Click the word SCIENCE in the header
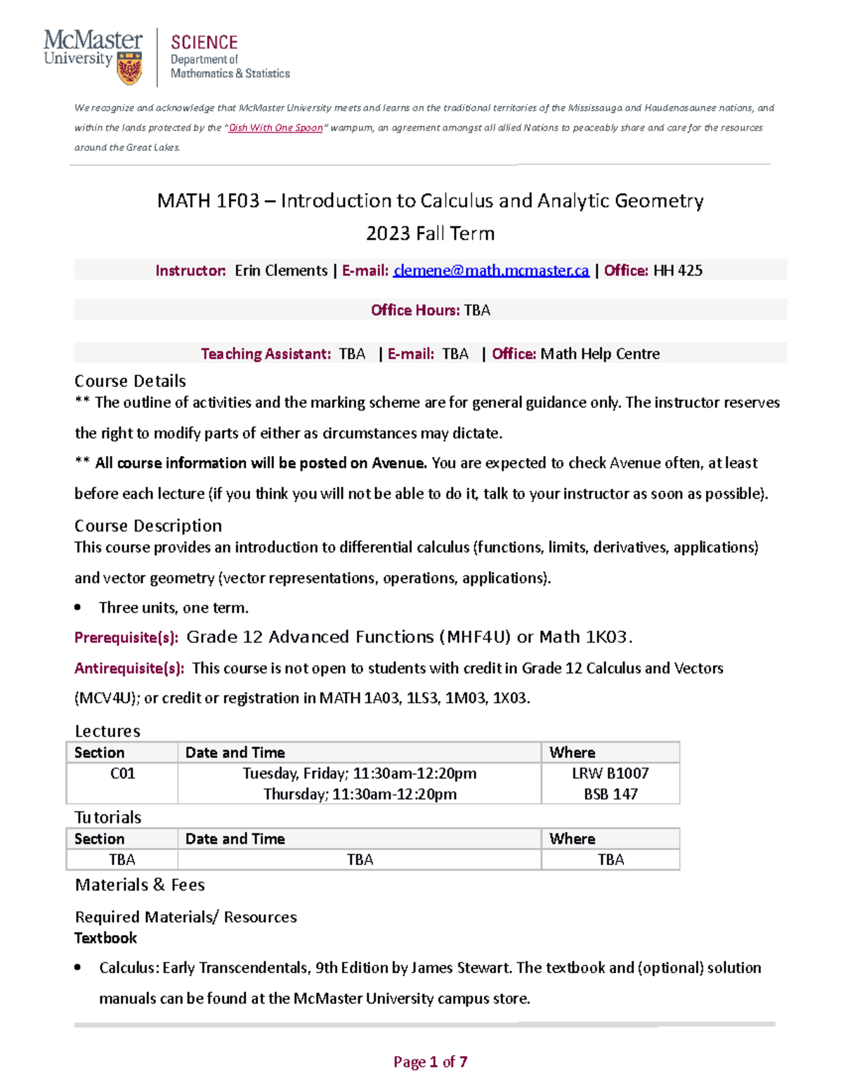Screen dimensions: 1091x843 [204, 42]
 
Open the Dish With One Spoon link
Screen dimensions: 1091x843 [275, 128]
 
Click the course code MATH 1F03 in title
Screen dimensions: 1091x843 [208, 201]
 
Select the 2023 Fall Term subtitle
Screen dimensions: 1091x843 [430, 233]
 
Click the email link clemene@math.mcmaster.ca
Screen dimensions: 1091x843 [491, 270]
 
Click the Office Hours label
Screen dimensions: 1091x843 [415, 310]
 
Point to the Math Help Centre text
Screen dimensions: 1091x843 [600, 353]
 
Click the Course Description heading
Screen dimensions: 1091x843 [148, 525]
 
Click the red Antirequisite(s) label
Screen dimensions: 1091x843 [129, 668]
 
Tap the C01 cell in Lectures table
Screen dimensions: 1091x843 [122, 773]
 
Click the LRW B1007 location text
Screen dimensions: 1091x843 [610, 773]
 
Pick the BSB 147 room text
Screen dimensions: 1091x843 [610, 794]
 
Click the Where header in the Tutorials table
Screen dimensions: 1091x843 [572, 839]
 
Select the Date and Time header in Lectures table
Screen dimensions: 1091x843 [235, 752]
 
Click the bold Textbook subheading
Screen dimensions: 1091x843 [105, 938]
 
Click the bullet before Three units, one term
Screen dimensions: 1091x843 [78, 608]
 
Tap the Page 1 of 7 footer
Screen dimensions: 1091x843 [430, 1061]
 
